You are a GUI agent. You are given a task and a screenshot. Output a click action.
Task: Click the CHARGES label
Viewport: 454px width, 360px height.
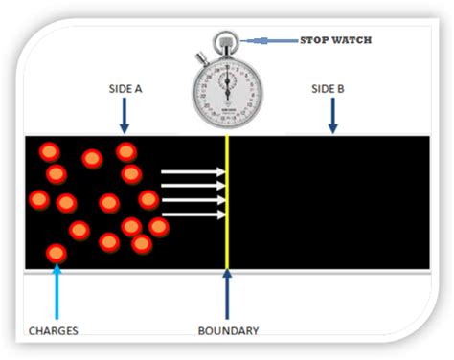(48, 331)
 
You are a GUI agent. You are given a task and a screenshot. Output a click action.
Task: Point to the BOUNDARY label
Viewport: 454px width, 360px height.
(228, 331)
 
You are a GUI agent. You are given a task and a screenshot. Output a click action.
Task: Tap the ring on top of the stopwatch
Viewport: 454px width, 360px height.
(226, 41)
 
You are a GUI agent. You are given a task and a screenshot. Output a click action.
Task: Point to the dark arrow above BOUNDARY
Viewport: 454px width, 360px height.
(227, 297)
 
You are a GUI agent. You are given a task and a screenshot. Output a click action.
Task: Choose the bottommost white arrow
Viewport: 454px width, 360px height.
(193, 214)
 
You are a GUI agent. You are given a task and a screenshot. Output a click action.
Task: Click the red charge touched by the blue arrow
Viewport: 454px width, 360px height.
(57, 253)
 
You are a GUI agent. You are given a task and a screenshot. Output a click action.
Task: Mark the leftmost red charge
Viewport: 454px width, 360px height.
(38, 199)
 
